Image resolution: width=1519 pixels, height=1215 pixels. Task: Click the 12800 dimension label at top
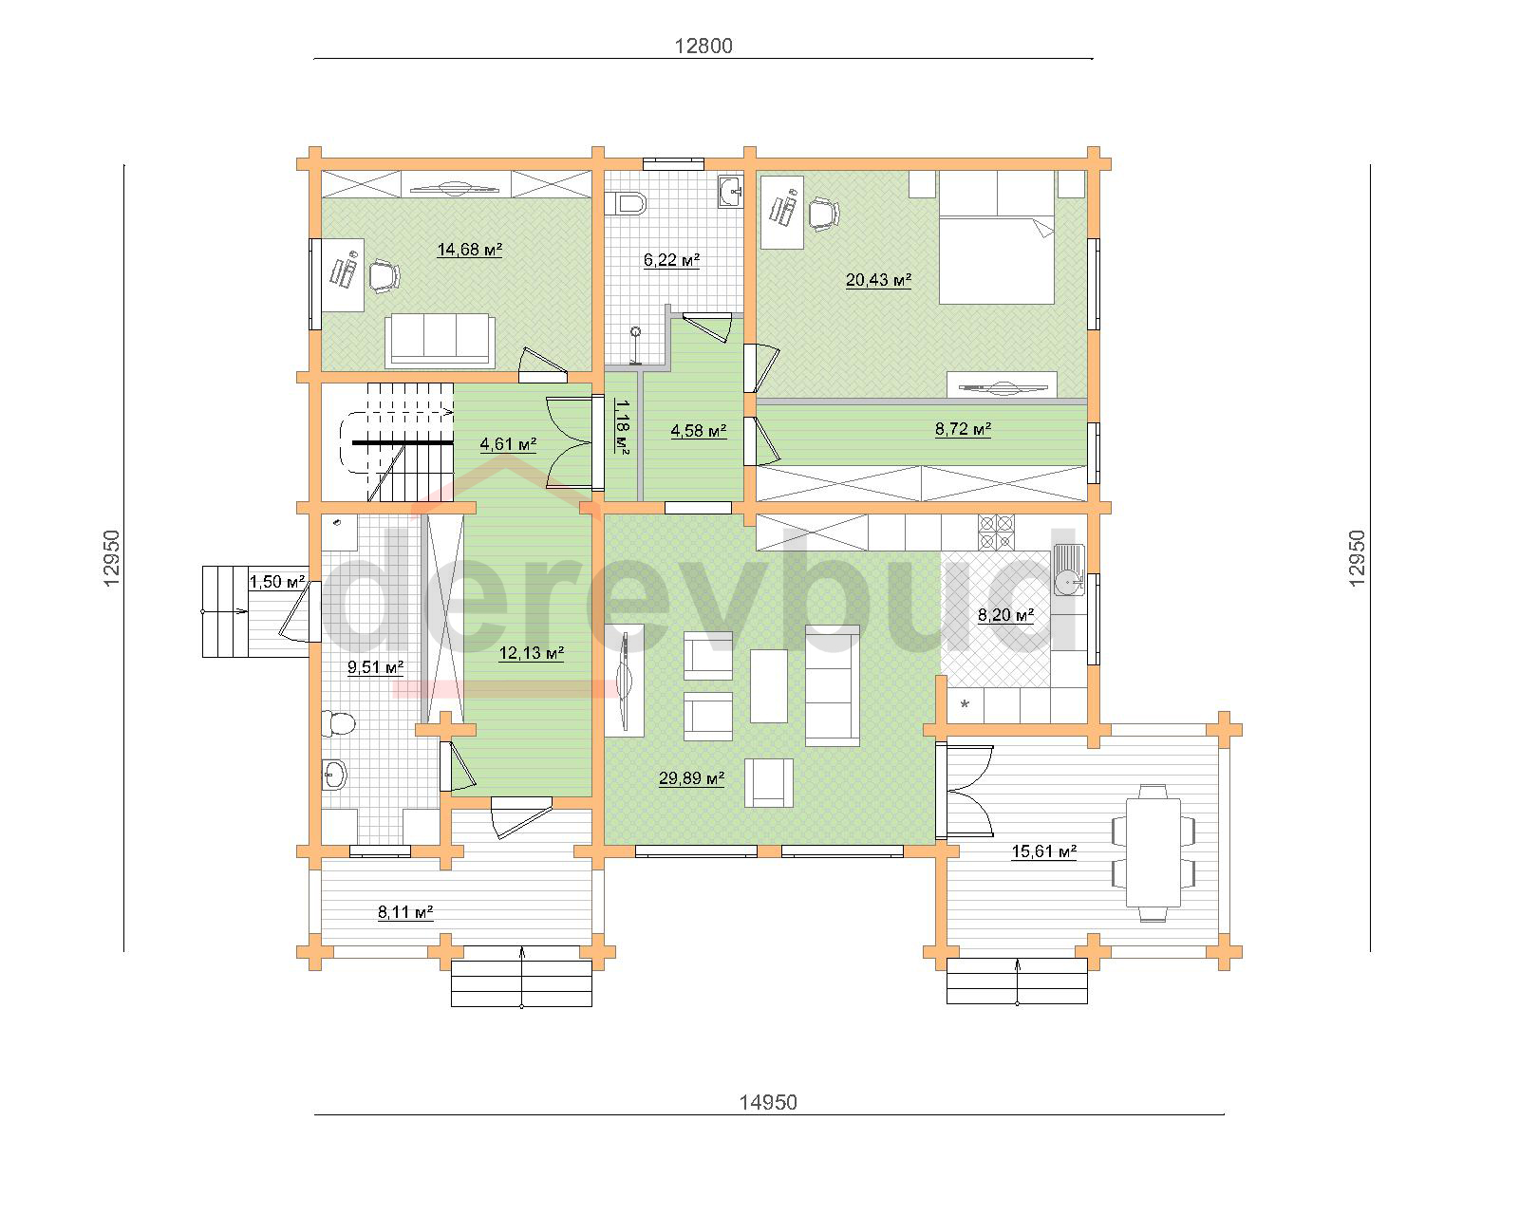click(703, 46)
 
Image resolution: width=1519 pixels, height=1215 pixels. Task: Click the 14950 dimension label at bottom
click(768, 1102)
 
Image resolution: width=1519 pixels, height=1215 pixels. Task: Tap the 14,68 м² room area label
click(469, 250)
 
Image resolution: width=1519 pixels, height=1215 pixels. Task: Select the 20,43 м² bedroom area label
click(878, 280)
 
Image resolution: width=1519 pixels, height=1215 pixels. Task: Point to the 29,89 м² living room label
click(692, 778)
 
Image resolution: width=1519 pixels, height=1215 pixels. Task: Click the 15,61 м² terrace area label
click(1044, 851)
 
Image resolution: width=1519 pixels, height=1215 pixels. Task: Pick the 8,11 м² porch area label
click(405, 912)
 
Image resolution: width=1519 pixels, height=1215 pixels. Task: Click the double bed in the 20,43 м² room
click(997, 237)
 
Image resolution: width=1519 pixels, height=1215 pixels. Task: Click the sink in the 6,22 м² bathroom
click(731, 192)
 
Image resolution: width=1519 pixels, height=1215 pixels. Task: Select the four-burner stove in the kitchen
click(996, 533)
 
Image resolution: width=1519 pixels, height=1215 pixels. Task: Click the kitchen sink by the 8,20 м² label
click(1069, 570)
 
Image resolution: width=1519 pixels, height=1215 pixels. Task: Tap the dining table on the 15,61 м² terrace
click(1153, 852)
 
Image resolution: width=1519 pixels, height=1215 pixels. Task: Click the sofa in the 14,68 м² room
click(440, 340)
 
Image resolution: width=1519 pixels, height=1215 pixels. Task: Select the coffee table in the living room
click(769, 686)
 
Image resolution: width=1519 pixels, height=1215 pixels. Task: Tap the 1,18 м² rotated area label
click(621, 426)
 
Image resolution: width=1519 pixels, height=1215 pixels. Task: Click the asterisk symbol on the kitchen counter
click(965, 704)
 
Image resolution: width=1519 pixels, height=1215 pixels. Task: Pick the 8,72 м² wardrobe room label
click(964, 429)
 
